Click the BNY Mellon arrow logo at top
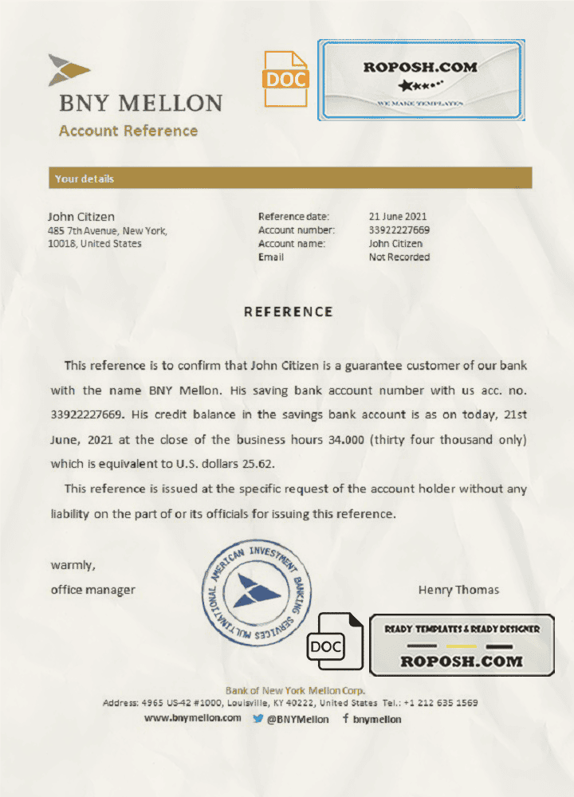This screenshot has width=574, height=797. [x=69, y=70]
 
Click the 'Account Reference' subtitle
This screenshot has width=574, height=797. [x=128, y=131]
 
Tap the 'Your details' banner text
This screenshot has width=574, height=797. [x=85, y=179]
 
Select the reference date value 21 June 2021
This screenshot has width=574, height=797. [x=398, y=216]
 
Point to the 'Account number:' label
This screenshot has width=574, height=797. [x=297, y=230]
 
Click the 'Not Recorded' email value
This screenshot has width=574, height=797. [x=399, y=257]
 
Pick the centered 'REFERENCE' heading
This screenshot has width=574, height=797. [x=288, y=312]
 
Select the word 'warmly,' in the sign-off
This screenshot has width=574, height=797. [x=73, y=565]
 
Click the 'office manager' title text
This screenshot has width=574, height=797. [x=93, y=590]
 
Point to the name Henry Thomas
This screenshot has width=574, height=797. [x=458, y=590]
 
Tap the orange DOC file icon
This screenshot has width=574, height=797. [x=285, y=79]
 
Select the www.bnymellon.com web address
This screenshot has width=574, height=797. [x=193, y=718]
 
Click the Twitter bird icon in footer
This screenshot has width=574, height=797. [x=258, y=718]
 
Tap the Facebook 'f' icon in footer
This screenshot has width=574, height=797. [x=345, y=718]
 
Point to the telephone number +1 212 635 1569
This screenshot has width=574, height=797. [x=441, y=703]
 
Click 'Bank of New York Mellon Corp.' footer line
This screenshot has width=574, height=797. [x=295, y=690]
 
